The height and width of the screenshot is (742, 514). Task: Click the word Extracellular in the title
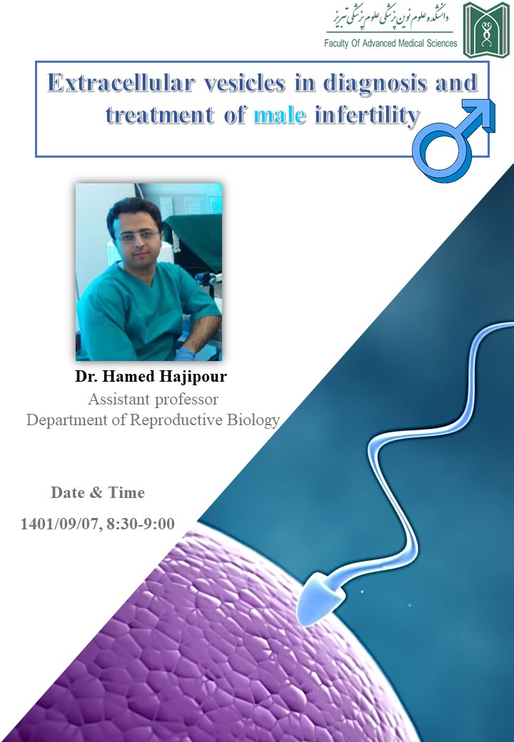click(121, 83)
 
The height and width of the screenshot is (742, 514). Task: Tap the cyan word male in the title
click(280, 115)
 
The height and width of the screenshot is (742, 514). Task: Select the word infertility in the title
click(367, 116)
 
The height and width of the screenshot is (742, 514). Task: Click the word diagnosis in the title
click(375, 83)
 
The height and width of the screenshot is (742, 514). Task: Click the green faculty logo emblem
click(486, 30)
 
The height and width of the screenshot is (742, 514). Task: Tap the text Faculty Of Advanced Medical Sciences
click(390, 43)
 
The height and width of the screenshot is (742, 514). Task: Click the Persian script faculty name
click(390, 17)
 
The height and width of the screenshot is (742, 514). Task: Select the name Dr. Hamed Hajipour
click(151, 376)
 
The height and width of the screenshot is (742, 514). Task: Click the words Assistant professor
click(153, 400)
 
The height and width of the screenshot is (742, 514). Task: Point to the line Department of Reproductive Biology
click(153, 420)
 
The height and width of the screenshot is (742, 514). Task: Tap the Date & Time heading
click(98, 492)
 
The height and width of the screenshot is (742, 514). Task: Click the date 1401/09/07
click(59, 524)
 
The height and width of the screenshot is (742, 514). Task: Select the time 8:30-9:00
click(140, 524)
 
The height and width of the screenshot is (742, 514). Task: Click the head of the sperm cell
click(320, 597)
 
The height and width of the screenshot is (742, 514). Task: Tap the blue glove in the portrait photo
click(185, 354)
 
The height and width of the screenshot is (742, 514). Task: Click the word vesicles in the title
click(245, 83)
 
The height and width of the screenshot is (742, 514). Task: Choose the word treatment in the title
click(159, 115)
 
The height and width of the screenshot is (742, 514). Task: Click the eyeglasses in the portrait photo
click(138, 235)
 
